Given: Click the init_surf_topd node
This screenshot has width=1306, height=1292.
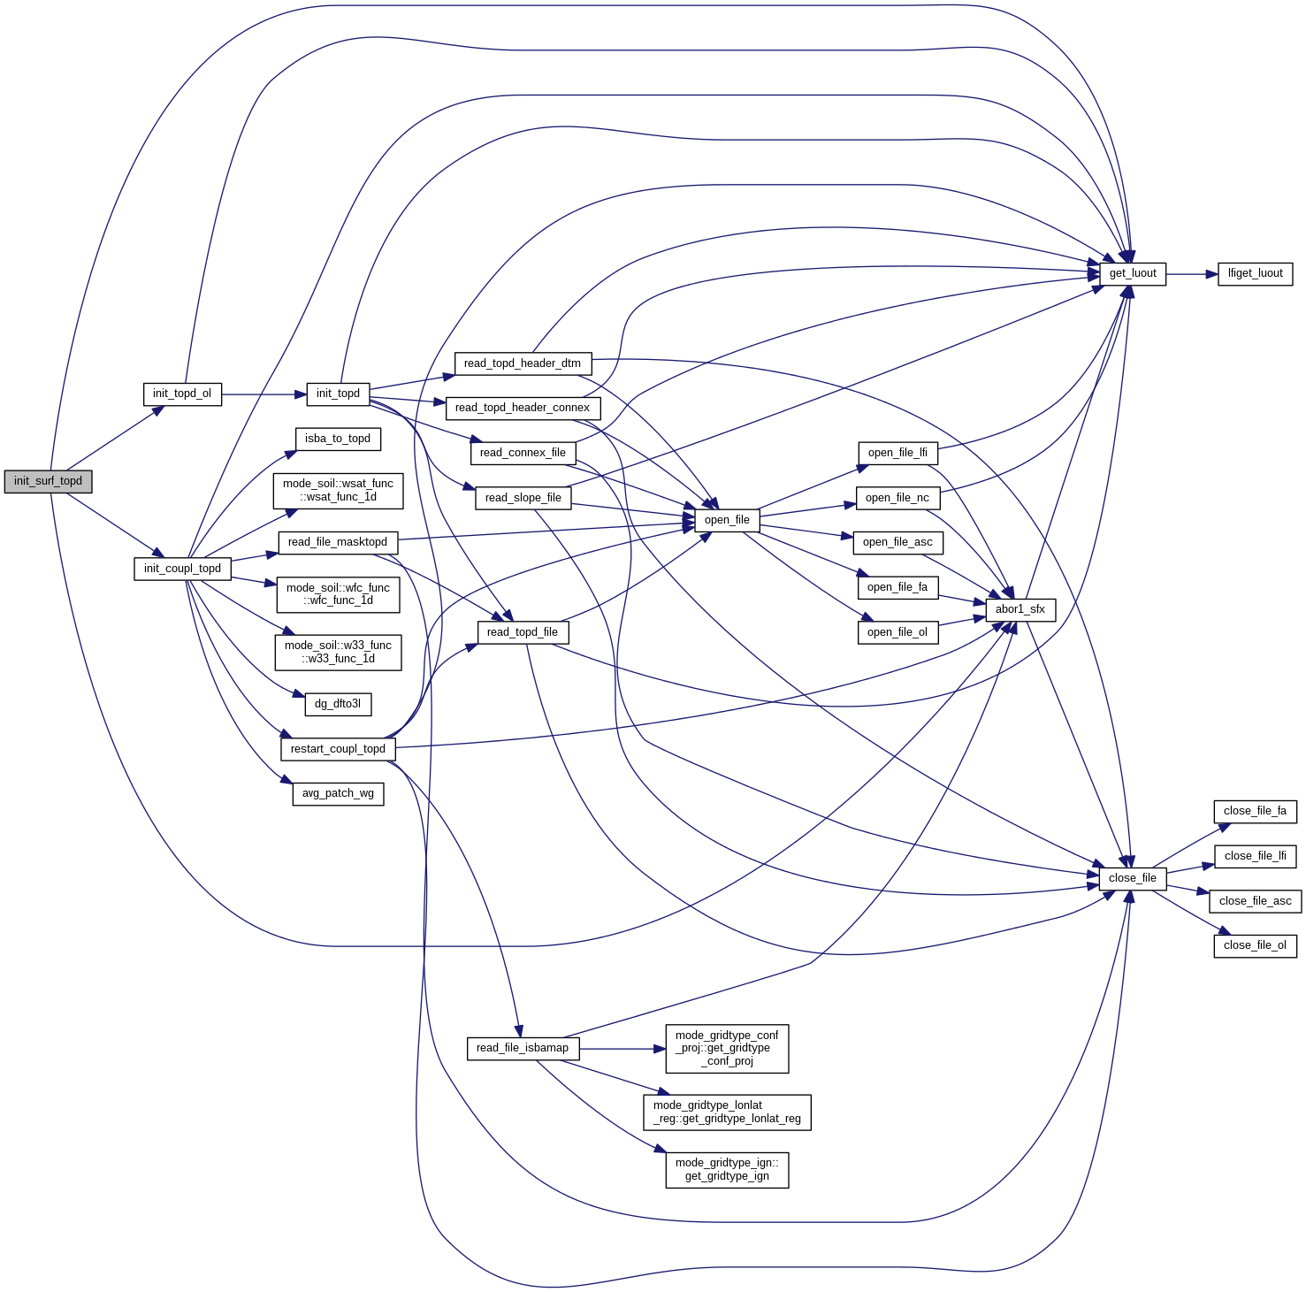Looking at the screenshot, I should point(48,481).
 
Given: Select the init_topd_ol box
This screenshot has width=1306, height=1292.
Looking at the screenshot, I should point(182,394).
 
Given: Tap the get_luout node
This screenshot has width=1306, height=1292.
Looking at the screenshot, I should point(1133,273).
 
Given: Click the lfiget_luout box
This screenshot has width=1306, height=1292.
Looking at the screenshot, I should point(1255,273).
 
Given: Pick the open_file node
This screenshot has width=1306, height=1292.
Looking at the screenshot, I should point(727,520).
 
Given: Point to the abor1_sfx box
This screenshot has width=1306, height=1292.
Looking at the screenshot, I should point(1020,609).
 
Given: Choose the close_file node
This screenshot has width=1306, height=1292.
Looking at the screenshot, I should point(1133,878).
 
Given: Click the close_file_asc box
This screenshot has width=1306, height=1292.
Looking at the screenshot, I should point(1255,901).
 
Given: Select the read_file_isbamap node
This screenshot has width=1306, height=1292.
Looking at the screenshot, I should point(523,1048).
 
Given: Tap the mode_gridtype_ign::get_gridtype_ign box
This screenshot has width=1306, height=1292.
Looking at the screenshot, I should point(727,1169).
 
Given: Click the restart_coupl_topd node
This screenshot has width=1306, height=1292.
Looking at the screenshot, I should point(338,749).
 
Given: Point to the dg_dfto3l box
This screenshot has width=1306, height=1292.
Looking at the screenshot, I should point(338,704).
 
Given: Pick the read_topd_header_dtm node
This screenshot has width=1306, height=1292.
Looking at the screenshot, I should point(523,363).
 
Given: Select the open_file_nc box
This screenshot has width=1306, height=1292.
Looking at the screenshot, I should point(897,498).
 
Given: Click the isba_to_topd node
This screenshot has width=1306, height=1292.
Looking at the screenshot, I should point(338,439).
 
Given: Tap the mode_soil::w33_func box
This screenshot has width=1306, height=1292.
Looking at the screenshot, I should point(338,652).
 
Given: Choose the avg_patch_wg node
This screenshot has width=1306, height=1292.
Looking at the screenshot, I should point(338,793).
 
